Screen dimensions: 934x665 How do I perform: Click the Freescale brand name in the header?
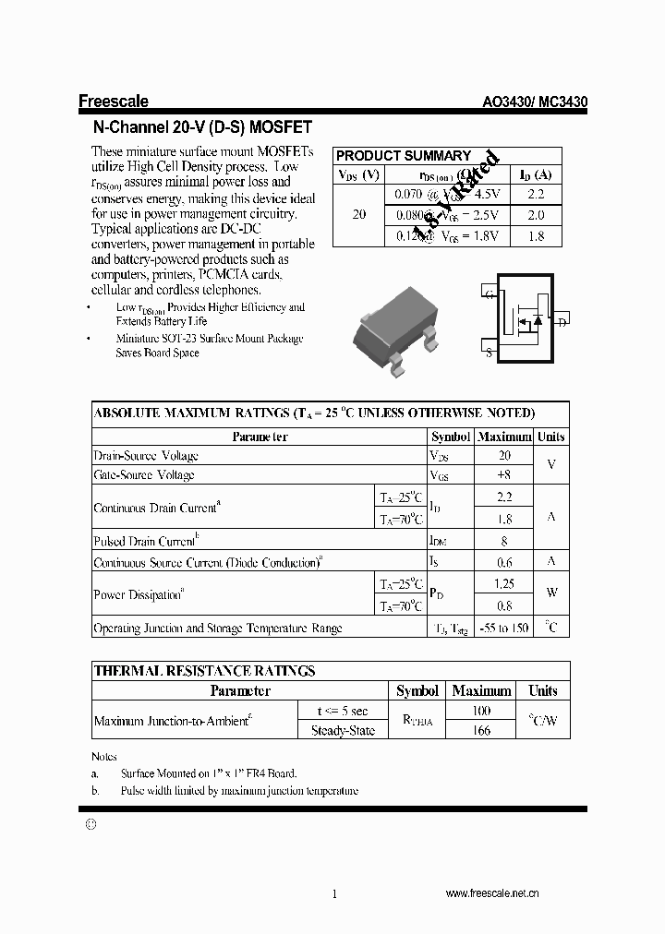pyautogui.click(x=113, y=102)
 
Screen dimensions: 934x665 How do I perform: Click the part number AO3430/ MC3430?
pyautogui.click(x=536, y=103)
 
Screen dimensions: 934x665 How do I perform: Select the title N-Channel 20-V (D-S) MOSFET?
pyautogui.click(x=202, y=127)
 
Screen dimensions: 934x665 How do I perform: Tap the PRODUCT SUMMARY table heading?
pyautogui.click(x=403, y=156)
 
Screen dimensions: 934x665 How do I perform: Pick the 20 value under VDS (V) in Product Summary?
pyautogui.click(x=358, y=215)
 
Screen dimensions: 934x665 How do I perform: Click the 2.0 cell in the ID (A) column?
pyautogui.click(x=535, y=215)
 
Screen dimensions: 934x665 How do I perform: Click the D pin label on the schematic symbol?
pyautogui.click(x=562, y=322)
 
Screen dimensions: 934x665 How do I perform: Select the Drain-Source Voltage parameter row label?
pyautogui.click(x=146, y=456)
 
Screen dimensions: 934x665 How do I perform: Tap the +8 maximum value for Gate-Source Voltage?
pyautogui.click(x=503, y=475)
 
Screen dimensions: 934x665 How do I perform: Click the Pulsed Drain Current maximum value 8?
pyautogui.click(x=504, y=542)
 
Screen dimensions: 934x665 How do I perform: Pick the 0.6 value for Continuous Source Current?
pyautogui.click(x=504, y=562)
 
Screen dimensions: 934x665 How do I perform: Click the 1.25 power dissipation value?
pyautogui.click(x=504, y=584)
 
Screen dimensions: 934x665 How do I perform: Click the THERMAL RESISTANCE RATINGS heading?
pyautogui.click(x=204, y=671)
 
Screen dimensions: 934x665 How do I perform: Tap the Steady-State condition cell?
pyautogui.click(x=343, y=730)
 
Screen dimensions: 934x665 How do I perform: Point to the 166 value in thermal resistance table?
pyautogui.click(x=481, y=730)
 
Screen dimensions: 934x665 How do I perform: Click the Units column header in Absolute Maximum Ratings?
pyautogui.click(x=551, y=437)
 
